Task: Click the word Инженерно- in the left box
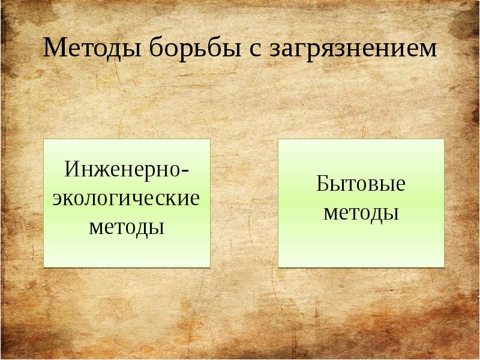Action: click(127, 168)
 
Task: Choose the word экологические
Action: click(126, 197)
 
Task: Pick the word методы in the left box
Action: click(127, 227)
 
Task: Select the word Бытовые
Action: click(361, 183)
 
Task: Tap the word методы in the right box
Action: click(361, 212)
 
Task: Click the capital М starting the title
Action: click(53, 49)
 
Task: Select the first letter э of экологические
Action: click(58, 199)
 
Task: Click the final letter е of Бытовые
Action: click(400, 185)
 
